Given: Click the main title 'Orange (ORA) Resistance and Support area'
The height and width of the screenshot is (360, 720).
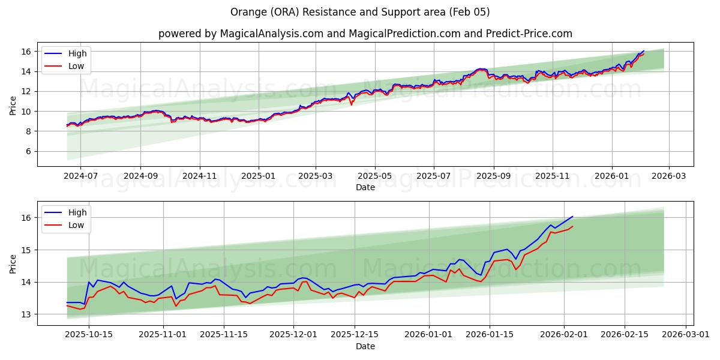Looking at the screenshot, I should click(x=360, y=12).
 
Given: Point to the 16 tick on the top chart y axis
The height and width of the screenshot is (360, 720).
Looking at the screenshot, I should click(x=27, y=52).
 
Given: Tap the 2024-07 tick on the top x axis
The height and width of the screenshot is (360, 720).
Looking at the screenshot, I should click(x=80, y=176).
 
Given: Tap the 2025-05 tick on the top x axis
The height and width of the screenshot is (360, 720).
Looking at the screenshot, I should click(x=375, y=176).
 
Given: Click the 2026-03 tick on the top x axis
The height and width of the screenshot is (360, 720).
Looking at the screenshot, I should click(x=669, y=176).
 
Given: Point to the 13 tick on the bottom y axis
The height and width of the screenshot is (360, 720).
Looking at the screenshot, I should click(x=27, y=314).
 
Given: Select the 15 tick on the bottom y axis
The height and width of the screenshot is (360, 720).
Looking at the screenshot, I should click(x=27, y=250).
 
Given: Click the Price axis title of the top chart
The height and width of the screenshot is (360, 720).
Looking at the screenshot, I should click(x=13, y=105).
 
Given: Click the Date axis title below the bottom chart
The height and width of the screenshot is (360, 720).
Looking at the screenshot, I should click(x=365, y=346).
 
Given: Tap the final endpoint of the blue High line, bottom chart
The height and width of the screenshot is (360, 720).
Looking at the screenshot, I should click(x=573, y=217).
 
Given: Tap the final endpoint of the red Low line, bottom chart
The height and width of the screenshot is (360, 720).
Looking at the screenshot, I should click(x=573, y=226).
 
